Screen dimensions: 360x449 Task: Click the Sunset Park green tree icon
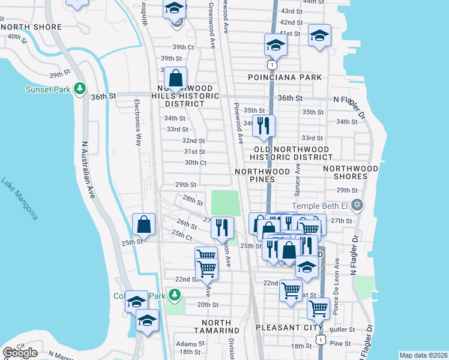(79, 89)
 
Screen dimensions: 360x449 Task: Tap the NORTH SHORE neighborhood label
(31, 27)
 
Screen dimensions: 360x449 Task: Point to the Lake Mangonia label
(20, 199)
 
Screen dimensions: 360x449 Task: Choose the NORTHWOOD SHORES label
(354, 173)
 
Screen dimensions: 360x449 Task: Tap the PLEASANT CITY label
(285, 328)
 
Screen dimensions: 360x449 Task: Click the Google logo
(20, 353)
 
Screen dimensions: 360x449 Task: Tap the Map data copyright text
(423, 355)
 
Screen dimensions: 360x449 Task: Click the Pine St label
(340, 343)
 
